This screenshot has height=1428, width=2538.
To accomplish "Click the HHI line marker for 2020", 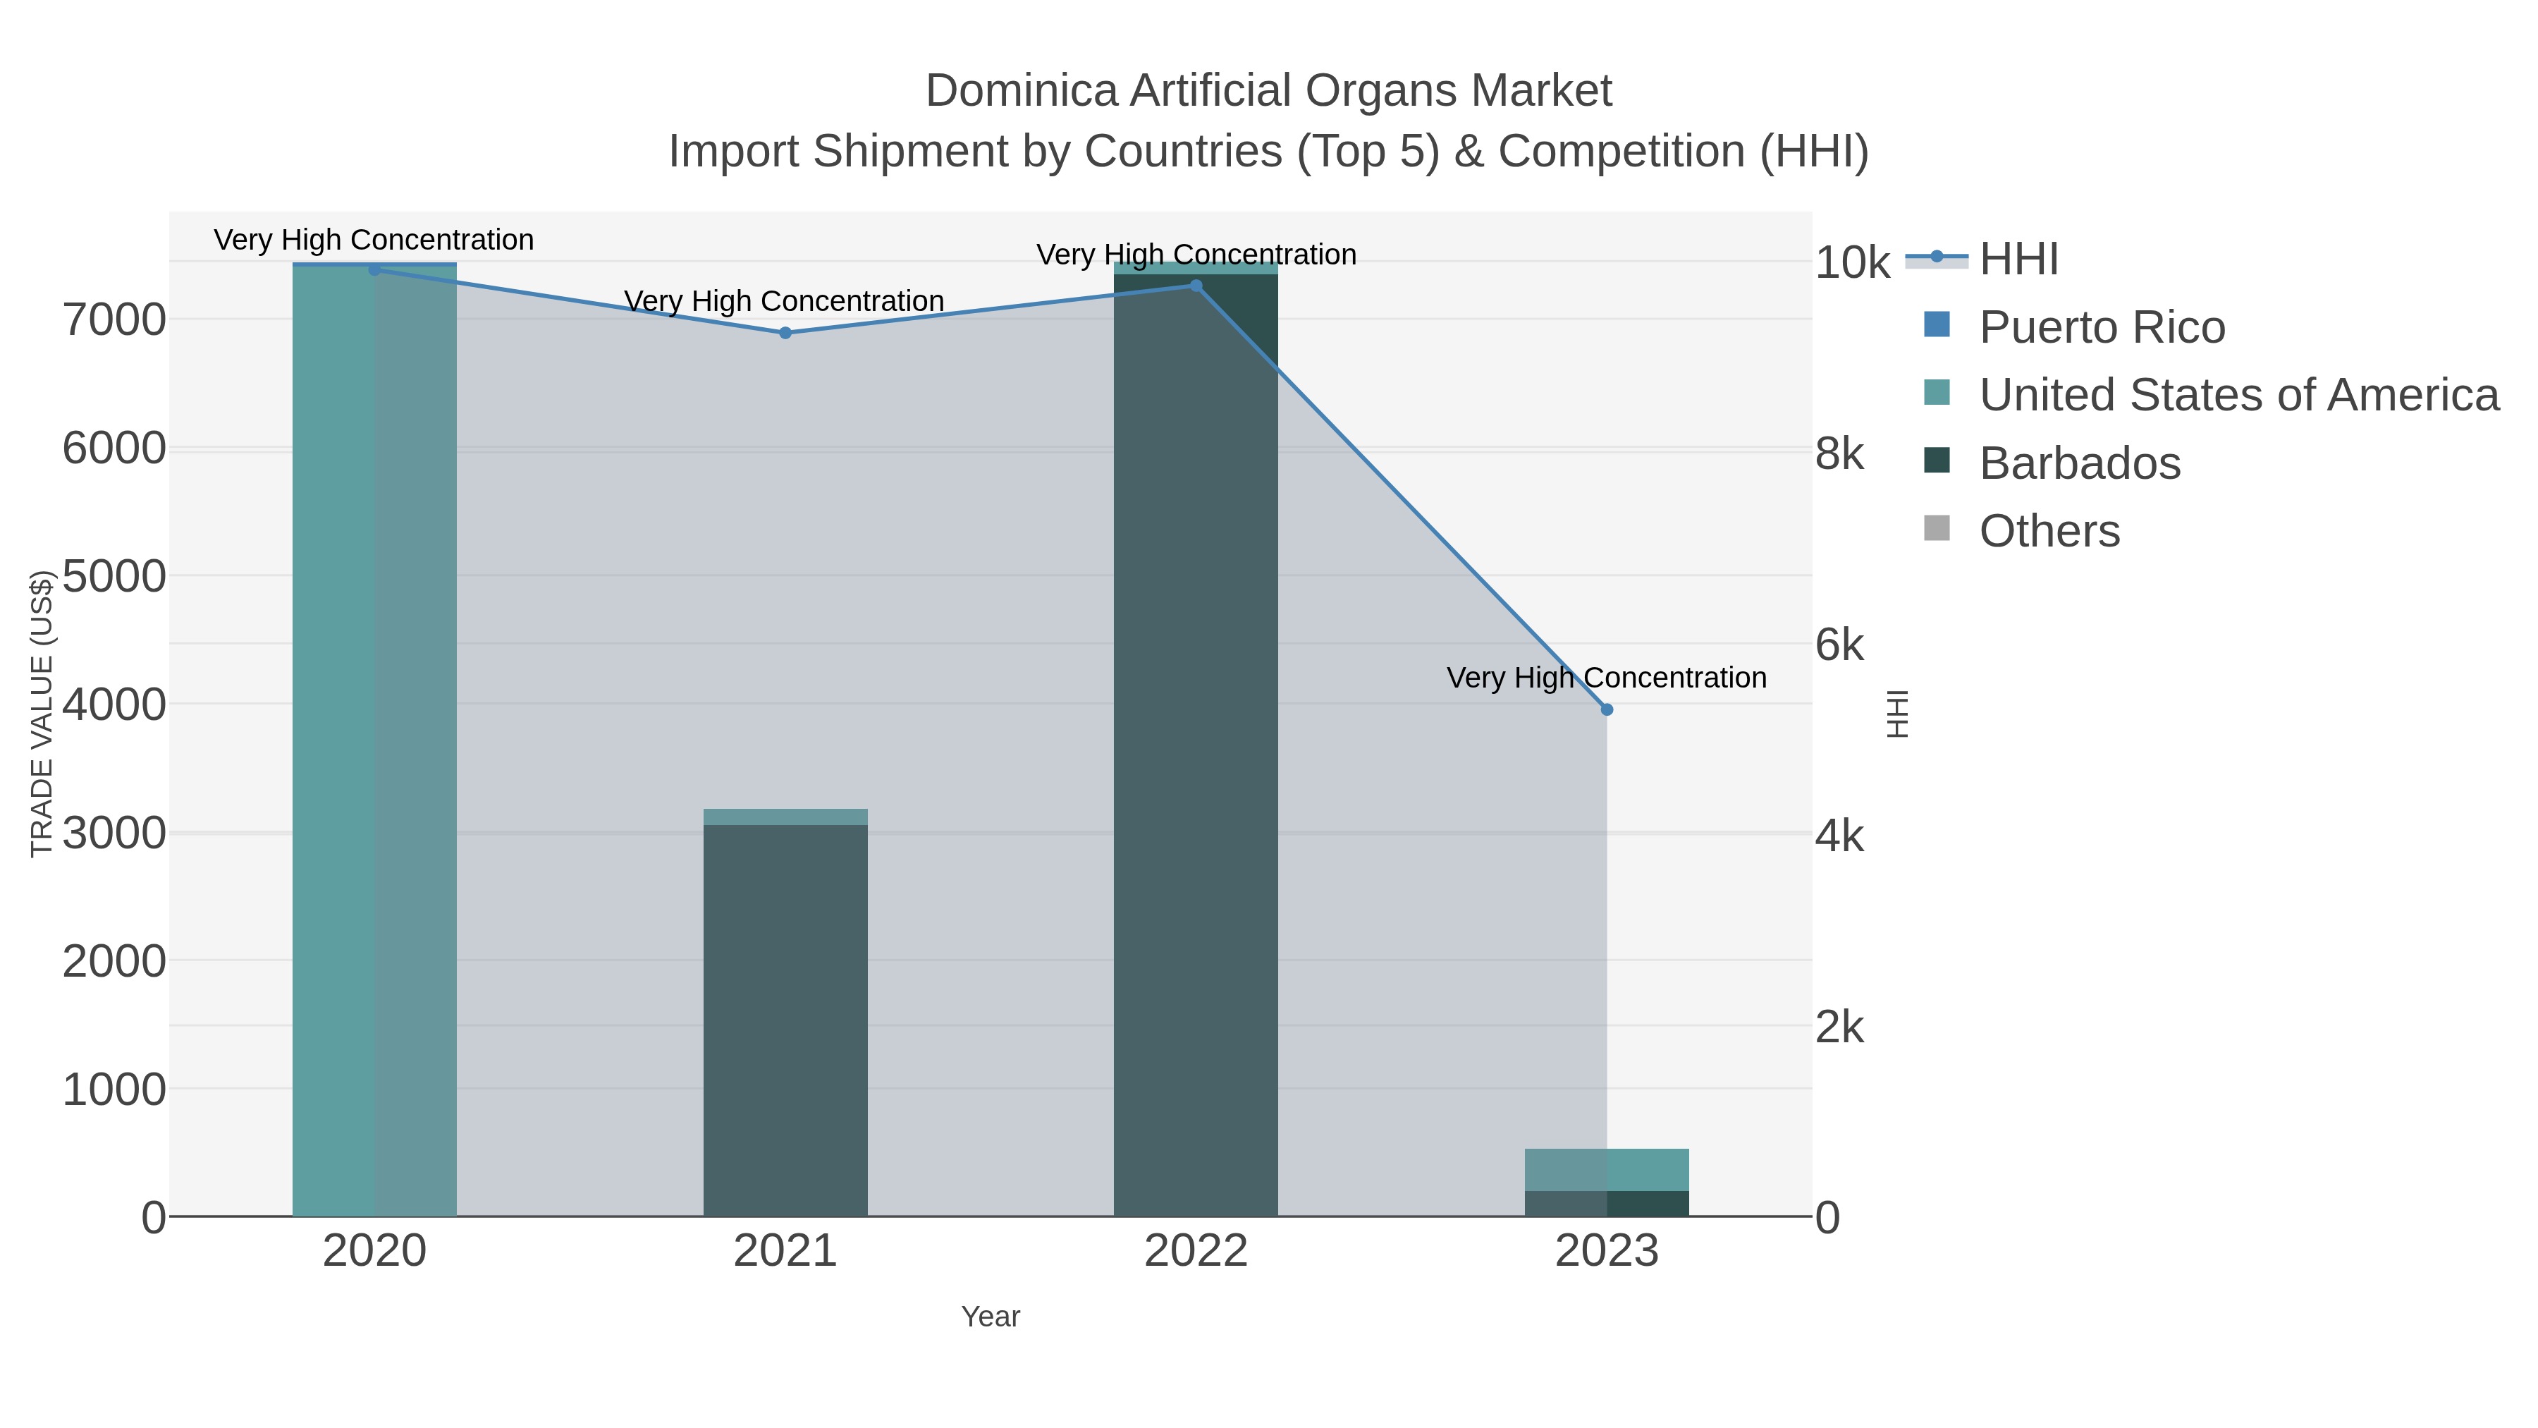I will click(x=374, y=269).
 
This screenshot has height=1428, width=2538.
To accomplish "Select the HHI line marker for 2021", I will click(x=785, y=333).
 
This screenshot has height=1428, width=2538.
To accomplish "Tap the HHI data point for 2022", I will click(x=1196, y=286).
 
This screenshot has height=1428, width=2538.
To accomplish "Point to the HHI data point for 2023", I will click(x=1607, y=709).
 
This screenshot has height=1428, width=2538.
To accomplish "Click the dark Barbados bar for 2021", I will click(x=785, y=1020).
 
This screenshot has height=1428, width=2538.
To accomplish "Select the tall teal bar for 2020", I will click(x=374, y=739).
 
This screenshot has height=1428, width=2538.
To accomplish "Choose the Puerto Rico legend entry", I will click(x=2101, y=327).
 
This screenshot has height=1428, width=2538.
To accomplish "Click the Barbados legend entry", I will click(x=2079, y=463).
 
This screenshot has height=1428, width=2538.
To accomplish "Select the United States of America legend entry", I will click(x=2238, y=395).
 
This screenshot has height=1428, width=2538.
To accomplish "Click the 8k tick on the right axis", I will click(x=1839, y=454).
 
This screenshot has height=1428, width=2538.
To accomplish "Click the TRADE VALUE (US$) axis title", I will click(x=42, y=714).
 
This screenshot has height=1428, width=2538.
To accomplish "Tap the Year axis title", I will click(x=991, y=1317).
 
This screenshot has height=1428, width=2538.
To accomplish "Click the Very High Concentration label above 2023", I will click(x=1606, y=678).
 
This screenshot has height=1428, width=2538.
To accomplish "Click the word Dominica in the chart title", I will click(x=1022, y=91).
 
